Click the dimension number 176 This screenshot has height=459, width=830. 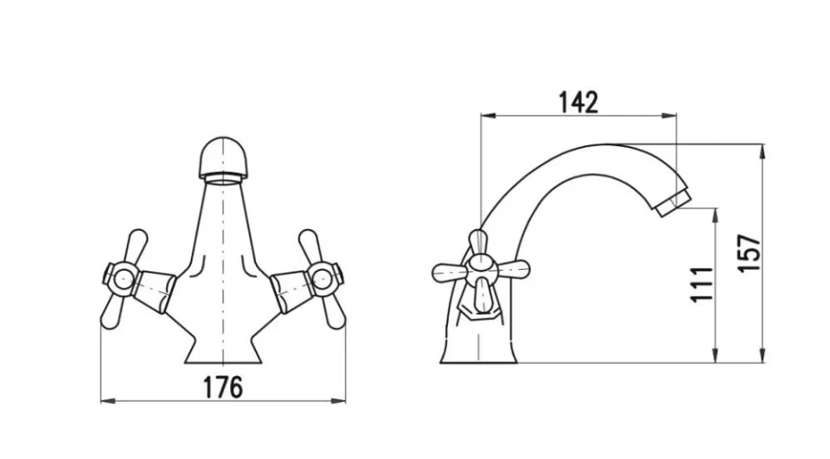[223, 387]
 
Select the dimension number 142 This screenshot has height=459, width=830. [578, 102]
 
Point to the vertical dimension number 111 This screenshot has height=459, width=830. [702, 284]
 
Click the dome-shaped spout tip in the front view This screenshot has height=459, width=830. [222, 158]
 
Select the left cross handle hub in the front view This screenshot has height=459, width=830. [123, 278]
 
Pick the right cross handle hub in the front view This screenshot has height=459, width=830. [322, 277]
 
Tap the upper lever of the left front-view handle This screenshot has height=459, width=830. [136, 245]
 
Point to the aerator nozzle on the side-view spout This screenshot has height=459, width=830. [673, 203]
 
